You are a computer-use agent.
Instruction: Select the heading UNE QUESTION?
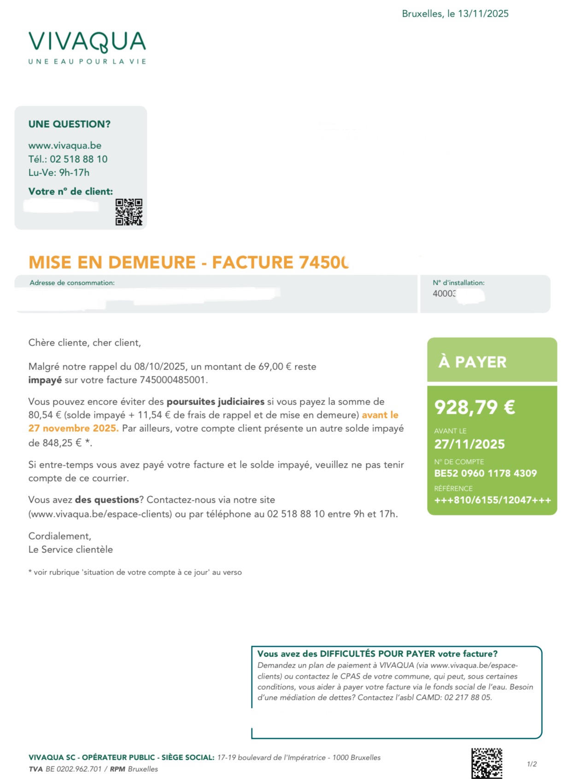(x=70, y=124)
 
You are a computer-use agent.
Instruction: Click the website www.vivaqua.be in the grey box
(x=65, y=146)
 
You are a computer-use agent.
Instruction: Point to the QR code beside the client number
(x=129, y=212)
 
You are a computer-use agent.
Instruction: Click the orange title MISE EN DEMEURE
(x=112, y=262)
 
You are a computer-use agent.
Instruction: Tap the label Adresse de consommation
(x=72, y=283)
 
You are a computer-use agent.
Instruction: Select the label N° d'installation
(x=458, y=283)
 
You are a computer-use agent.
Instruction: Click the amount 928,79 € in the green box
(x=475, y=407)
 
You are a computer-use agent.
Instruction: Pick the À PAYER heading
(x=472, y=362)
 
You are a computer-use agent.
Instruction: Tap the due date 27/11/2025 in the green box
(x=469, y=444)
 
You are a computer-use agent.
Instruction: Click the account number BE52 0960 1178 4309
(x=485, y=473)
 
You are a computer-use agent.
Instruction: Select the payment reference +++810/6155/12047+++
(x=493, y=500)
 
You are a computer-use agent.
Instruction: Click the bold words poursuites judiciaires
(x=215, y=401)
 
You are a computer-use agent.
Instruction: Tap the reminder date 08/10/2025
(x=160, y=367)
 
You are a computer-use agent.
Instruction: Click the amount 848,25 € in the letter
(x=55, y=443)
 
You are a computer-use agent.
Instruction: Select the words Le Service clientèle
(x=70, y=549)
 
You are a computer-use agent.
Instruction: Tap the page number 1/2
(x=532, y=764)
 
